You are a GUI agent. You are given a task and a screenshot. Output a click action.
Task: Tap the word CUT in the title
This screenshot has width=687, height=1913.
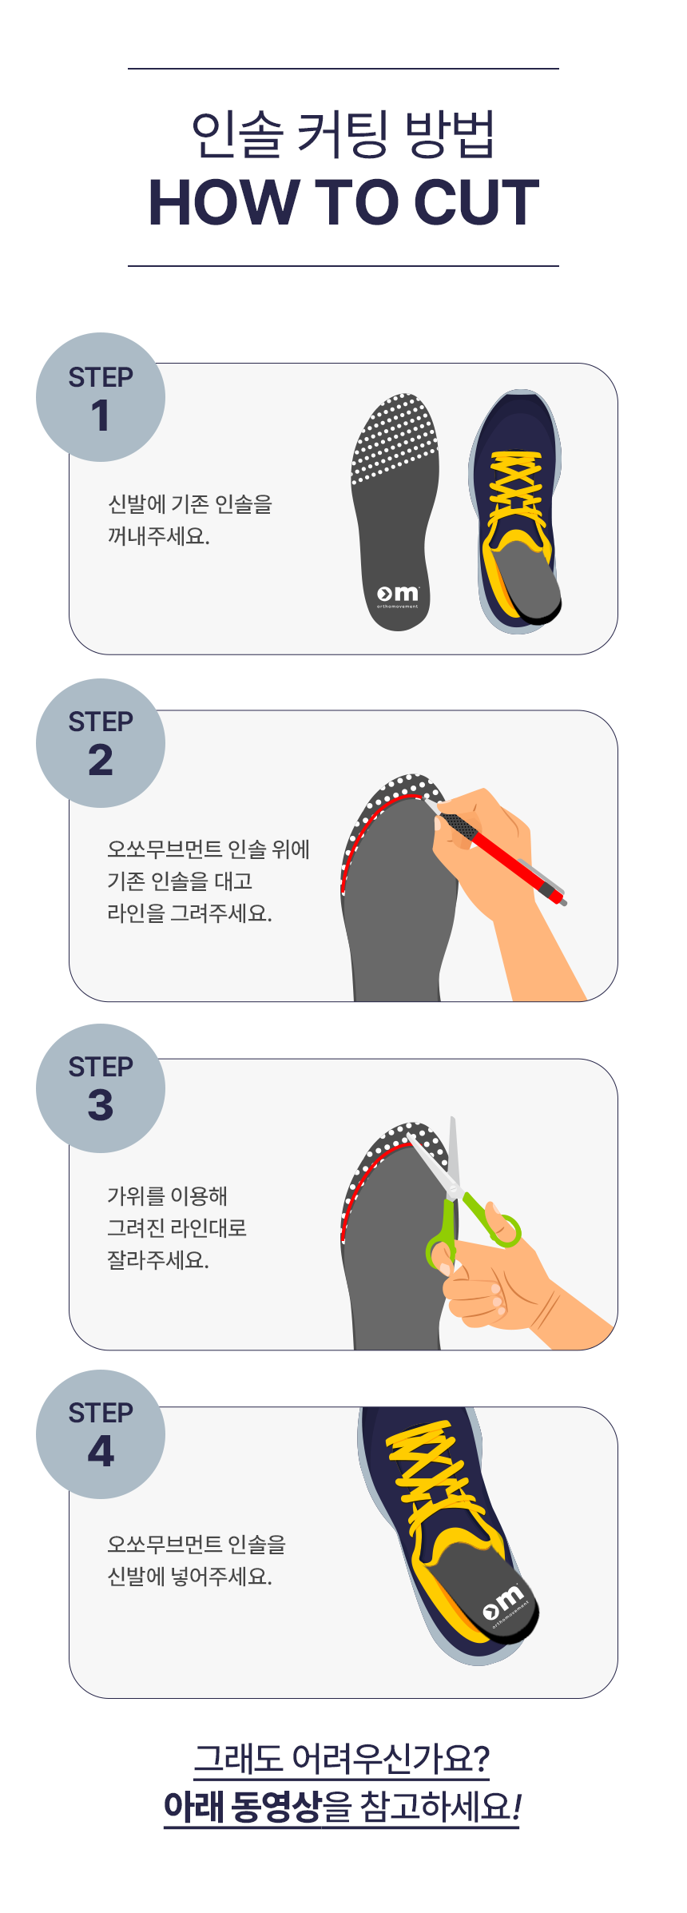click(477, 202)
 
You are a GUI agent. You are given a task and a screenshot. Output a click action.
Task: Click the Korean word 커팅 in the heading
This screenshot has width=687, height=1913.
click(343, 133)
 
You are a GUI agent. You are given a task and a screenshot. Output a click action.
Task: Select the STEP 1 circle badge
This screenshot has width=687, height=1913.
click(101, 397)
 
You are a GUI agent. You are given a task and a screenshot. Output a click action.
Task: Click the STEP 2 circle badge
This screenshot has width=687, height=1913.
click(101, 743)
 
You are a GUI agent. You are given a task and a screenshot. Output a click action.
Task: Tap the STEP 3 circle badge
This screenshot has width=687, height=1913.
click(101, 1088)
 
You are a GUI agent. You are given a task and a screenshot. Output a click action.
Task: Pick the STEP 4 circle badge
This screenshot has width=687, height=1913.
click(101, 1434)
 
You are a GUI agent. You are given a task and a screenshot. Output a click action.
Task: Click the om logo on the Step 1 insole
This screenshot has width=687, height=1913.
click(398, 595)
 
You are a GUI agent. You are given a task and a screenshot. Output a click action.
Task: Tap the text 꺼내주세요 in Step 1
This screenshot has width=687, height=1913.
click(158, 536)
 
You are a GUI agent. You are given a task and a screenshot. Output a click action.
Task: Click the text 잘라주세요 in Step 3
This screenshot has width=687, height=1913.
click(158, 1260)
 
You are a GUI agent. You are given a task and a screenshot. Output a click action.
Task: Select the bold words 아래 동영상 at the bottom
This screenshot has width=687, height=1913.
click(242, 1807)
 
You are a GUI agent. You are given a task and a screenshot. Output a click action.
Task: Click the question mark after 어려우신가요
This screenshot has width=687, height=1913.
click(481, 1758)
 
